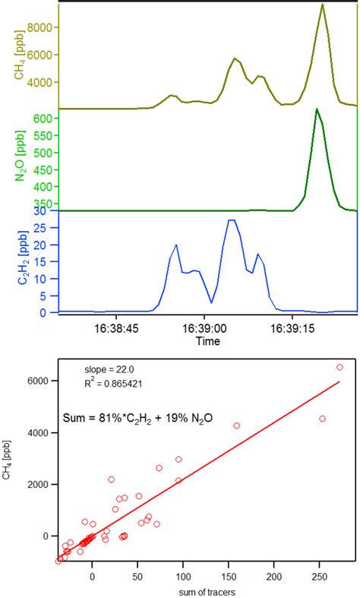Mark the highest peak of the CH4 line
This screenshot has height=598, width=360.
click(x=323, y=5)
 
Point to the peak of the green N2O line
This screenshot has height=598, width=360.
click(x=316, y=109)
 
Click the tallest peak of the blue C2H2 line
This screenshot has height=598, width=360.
click(x=232, y=220)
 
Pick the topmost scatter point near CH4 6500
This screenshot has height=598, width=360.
click(x=339, y=367)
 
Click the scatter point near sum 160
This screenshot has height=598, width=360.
click(x=237, y=426)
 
